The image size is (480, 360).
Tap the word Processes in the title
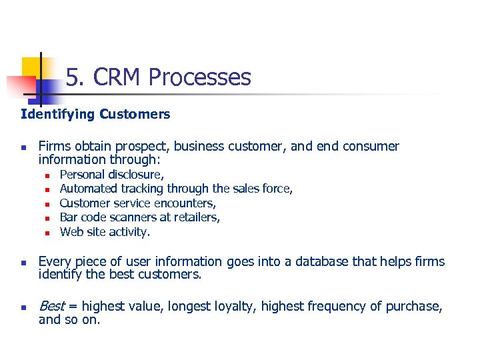tap(199, 78)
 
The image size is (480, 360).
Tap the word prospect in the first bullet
tap(136, 147)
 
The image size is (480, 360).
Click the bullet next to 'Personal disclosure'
tap(47, 175)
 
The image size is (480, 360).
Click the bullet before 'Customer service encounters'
tap(47, 204)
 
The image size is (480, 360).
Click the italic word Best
tap(52, 306)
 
